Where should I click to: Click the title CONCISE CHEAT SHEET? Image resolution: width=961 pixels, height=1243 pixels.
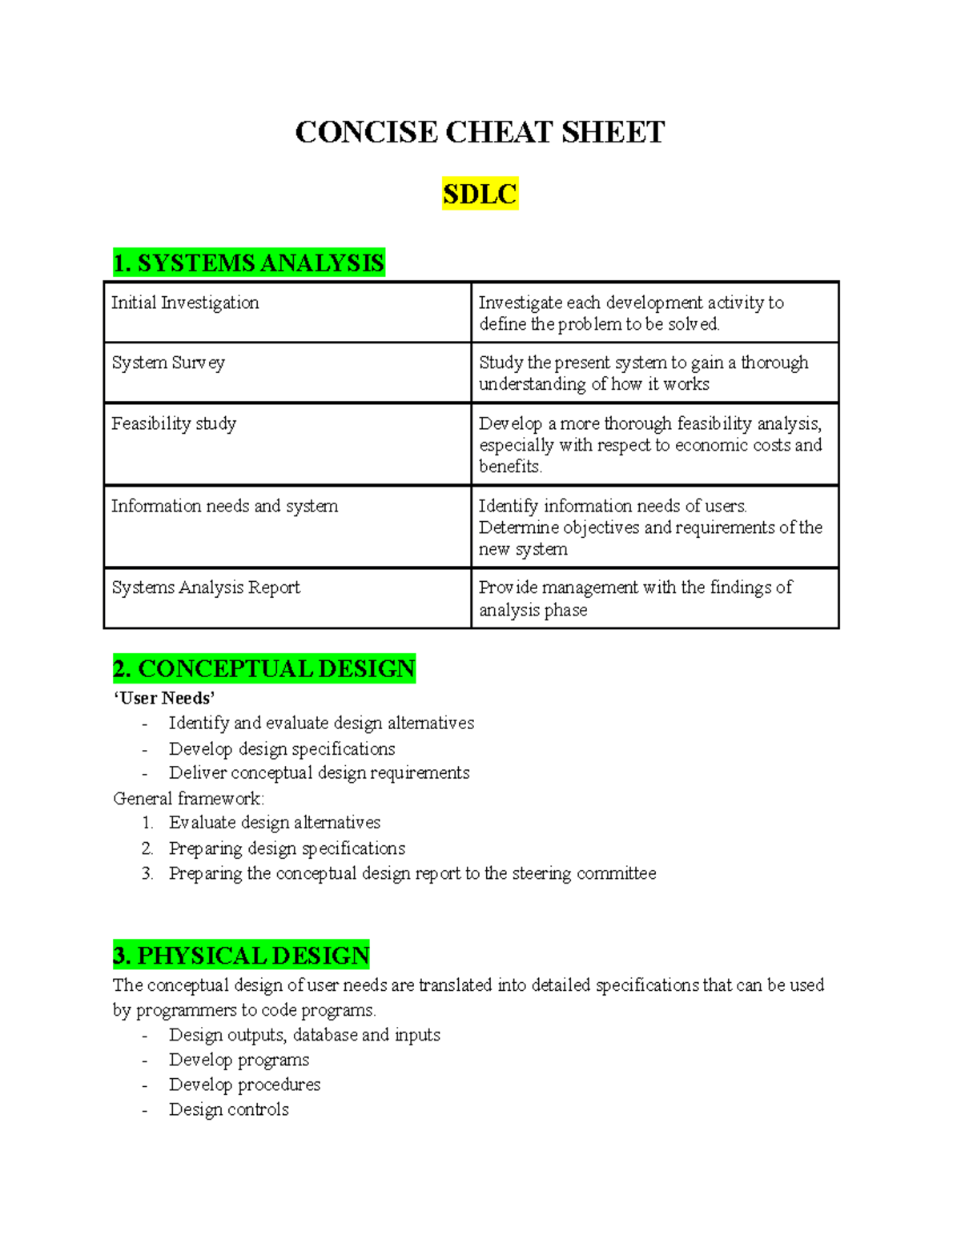click(x=480, y=132)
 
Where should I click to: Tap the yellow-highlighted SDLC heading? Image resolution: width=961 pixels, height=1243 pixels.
click(x=480, y=194)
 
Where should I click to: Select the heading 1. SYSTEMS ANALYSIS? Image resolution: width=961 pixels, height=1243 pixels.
click(x=249, y=263)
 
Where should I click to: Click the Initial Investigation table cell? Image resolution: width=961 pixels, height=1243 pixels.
click(x=185, y=303)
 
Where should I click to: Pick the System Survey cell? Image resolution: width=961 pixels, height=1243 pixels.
click(x=168, y=363)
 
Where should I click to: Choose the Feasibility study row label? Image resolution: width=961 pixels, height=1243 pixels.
click(x=174, y=423)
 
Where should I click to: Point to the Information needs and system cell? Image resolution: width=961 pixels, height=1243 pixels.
click(x=224, y=506)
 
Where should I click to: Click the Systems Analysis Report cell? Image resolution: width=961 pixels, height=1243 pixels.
click(x=206, y=587)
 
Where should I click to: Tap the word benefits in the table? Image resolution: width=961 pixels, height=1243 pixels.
click(x=510, y=467)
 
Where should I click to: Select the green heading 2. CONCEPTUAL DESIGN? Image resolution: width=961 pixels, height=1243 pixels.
click(x=264, y=668)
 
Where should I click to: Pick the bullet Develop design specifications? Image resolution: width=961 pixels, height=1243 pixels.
click(x=282, y=749)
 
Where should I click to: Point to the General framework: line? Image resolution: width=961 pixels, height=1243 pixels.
click(x=188, y=799)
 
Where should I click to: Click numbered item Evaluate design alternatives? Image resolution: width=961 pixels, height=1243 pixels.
click(x=275, y=823)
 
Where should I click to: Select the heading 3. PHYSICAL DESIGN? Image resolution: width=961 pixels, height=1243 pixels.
click(x=241, y=956)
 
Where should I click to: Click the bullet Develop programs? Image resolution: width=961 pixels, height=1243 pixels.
click(x=239, y=1060)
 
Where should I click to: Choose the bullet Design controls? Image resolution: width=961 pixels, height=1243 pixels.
click(x=228, y=1109)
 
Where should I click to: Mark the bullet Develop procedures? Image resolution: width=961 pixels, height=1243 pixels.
click(x=244, y=1085)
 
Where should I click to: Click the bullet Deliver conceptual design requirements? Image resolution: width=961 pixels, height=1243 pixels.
click(x=319, y=773)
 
